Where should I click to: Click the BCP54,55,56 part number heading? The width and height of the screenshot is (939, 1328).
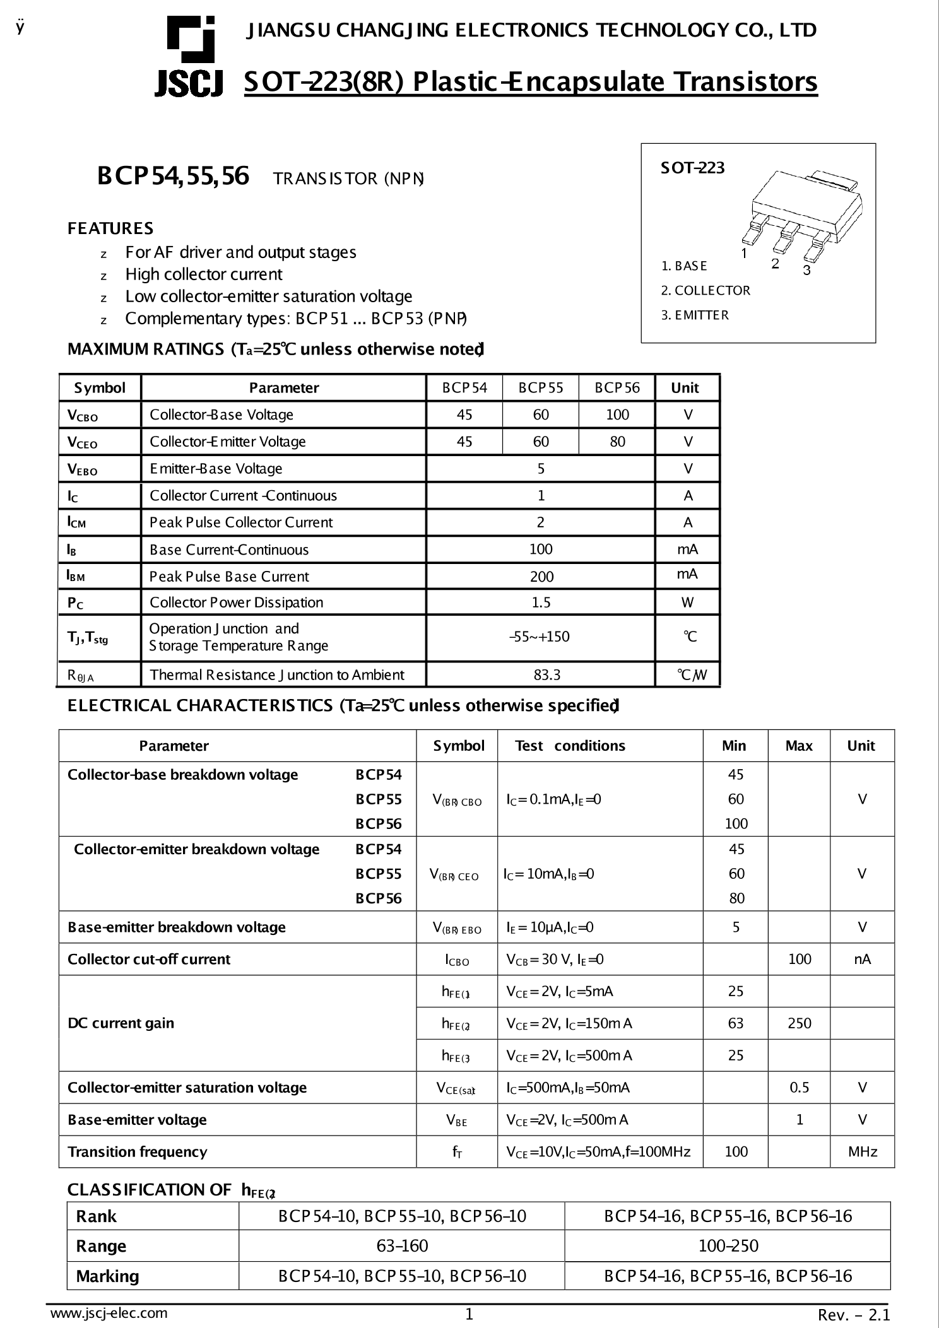[x=173, y=176]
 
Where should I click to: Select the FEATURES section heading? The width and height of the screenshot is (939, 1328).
[x=110, y=228]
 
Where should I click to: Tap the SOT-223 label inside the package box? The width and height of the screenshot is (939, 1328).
[x=692, y=168]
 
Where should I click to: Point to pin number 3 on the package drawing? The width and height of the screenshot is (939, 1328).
[x=806, y=271]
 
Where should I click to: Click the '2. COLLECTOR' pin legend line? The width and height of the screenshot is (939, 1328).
[x=706, y=291]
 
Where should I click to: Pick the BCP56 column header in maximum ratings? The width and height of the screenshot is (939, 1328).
[x=617, y=388]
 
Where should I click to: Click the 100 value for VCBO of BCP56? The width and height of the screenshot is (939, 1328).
[x=617, y=414]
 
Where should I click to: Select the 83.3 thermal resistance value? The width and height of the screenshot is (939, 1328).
[x=546, y=675]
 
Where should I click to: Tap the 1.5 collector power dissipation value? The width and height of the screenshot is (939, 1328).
[x=541, y=602]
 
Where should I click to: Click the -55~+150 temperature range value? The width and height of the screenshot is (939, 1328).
[x=540, y=637]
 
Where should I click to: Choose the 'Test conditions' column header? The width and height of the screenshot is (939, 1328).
[x=570, y=746]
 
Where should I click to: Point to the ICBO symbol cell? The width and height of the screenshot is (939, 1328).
[x=457, y=960]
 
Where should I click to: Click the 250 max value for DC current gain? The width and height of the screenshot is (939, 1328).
[x=799, y=1023]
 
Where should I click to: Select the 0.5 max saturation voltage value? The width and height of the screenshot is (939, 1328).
[x=799, y=1088]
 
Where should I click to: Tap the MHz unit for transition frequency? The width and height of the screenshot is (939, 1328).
[x=862, y=1152]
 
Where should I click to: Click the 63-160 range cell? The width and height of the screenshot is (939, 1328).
[x=402, y=1246]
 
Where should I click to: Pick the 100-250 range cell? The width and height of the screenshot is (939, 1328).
[x=728, y=1246]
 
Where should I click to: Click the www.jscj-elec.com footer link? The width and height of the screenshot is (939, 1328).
[x=109, y=1313]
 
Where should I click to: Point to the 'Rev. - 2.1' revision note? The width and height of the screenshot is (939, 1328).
[x=853, y=1315]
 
